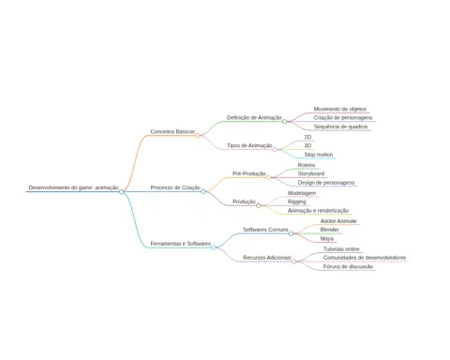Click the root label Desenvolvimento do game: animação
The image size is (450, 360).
[73, 187]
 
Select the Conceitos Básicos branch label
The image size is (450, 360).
[172, 131]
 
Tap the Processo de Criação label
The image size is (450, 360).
[175, 187]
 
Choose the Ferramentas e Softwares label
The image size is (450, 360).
[181, 244]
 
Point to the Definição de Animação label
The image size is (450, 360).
[254, 117]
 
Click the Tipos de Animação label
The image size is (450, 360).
[249, 145]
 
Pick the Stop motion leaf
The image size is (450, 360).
[319, 155]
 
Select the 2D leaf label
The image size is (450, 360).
[307, 137]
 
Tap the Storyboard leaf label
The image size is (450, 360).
[311, 173]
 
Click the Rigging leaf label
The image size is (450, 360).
[297, 202]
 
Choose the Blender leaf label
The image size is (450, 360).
[329, 230]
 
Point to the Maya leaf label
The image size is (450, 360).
[327, 238]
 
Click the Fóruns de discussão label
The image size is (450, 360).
[348, 266]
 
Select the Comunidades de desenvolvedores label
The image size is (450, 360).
[365, 258]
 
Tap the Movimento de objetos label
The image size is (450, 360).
[340, 109]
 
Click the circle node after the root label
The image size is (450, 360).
[121, 191]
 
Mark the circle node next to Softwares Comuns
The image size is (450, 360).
[291, 233]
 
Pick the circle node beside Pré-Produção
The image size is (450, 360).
[268, 177]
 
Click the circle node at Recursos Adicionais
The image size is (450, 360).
[294, 262]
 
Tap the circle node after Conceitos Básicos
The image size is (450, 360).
[198, 136]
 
